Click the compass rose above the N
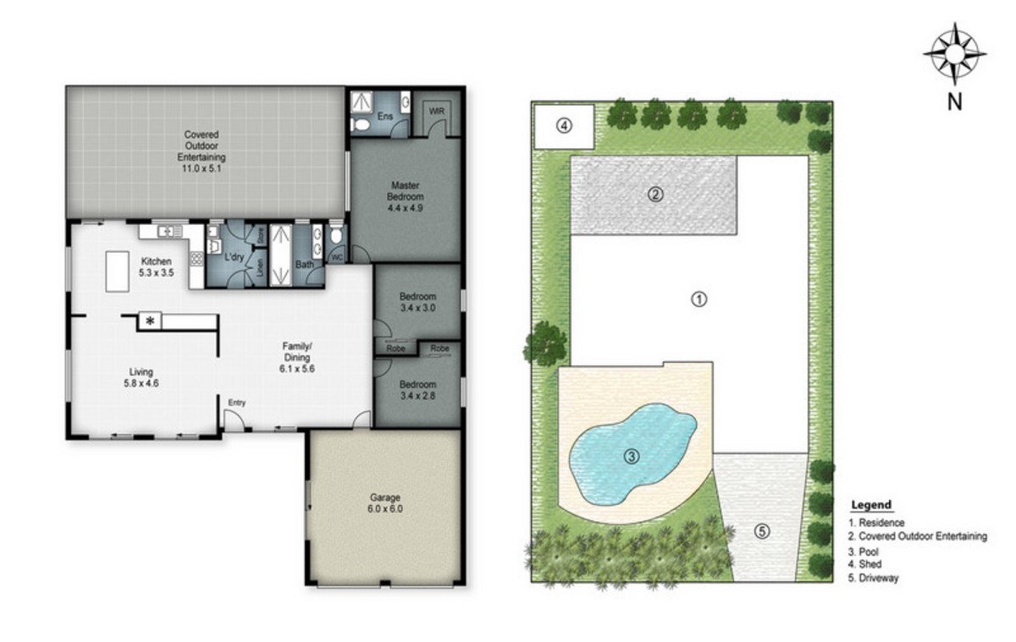pyautogui.click(x=955, y=54)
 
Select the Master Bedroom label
pyautogui.click(x=405, y=191)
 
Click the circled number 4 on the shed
pyautogui.click(x=564, y=125)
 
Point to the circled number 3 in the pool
pyautogui.click(x=632, y=456)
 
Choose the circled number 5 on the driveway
pyautogui.click(x=762, y=531)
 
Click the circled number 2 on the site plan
pyautogui.click(x=655, y=195)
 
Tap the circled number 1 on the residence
pyautogui.click(x=699, y=299)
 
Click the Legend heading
pyautogui.click(x=871, y=505)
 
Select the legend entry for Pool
pyautogui.click(x=864, y=551)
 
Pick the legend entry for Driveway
pyautogui.click(x=873, y=578)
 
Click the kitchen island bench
pyautogui.click(x=118, y=272)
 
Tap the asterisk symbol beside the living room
pyautogui.click(x=150, y=321)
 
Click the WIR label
pyautogui.click(x=437, y=111)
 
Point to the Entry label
pyautogui.click(x=237, y=403)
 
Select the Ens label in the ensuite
pyautogui.click(x=385, y=117)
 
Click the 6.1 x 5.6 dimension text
pyautogui.click(x=297, y=369)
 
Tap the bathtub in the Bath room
pyautogui.click(x=281, y=255)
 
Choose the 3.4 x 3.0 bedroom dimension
pyautogui.click(x=417, y=308)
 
